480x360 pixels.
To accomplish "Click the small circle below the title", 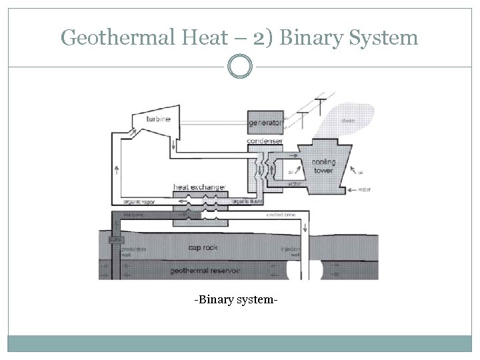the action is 240,67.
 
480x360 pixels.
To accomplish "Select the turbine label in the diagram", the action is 159,119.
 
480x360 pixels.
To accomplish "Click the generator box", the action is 265,123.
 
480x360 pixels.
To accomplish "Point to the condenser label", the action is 265,141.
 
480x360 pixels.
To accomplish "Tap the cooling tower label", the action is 325,165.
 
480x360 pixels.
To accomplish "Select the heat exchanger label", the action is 199,187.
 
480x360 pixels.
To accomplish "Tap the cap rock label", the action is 203,247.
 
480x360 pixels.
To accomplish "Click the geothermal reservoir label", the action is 205,271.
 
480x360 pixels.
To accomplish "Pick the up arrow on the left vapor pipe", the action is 117,169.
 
